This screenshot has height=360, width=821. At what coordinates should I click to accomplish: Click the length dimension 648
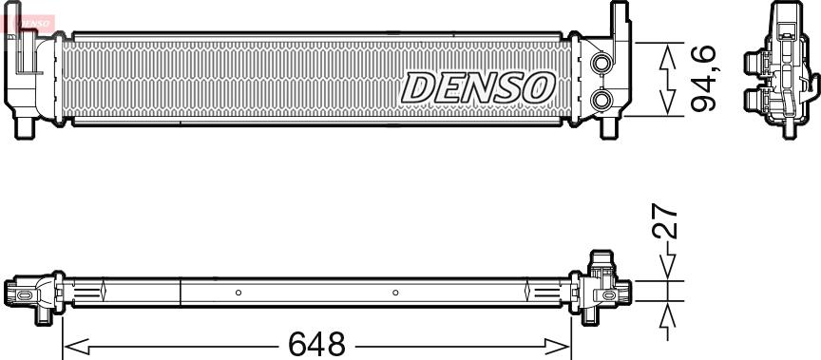coord(317,344)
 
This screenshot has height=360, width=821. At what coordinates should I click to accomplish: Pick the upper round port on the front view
coord(601,65)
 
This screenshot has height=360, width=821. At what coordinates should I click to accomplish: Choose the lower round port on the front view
coord(601,100)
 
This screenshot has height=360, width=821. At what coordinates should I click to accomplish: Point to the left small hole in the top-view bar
coord(239,292)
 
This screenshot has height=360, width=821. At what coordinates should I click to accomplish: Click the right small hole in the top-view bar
coord(396,292)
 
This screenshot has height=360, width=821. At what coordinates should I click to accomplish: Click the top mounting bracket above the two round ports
coord(618,21)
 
